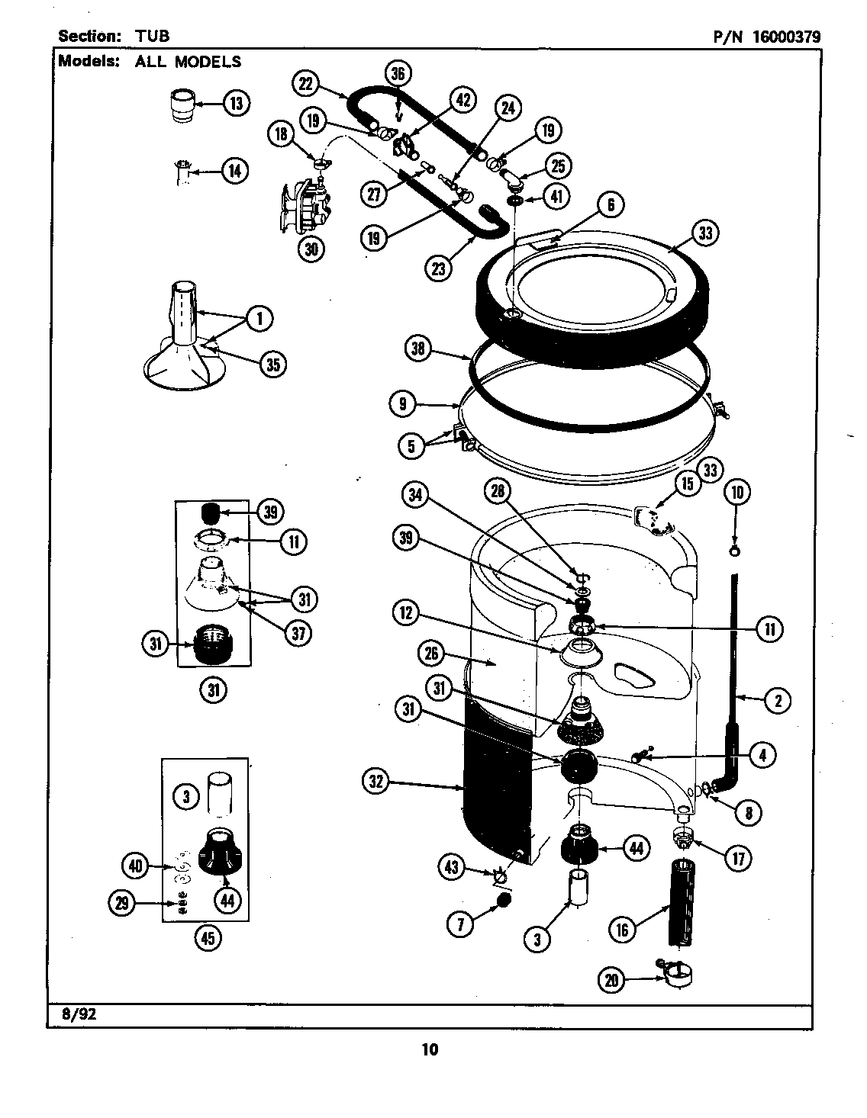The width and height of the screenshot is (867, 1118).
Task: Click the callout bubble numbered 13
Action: [x=236, y=104]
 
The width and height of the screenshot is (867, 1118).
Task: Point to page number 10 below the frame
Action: [x=430, y=1049]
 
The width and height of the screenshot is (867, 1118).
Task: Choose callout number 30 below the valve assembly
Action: [x=310, y=249]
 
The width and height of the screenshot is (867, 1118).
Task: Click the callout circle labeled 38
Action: [x=418, y=351]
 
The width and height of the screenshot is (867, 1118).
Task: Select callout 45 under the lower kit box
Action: [x=208, y=939]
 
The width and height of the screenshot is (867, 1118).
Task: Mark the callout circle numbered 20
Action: [x=611, y=980]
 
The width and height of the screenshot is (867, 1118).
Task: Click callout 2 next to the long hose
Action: [x=777, y=700]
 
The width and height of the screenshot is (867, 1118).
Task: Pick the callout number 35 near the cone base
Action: [x=271, y=365]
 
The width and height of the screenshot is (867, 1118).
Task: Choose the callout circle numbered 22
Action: [x=306, y=84]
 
